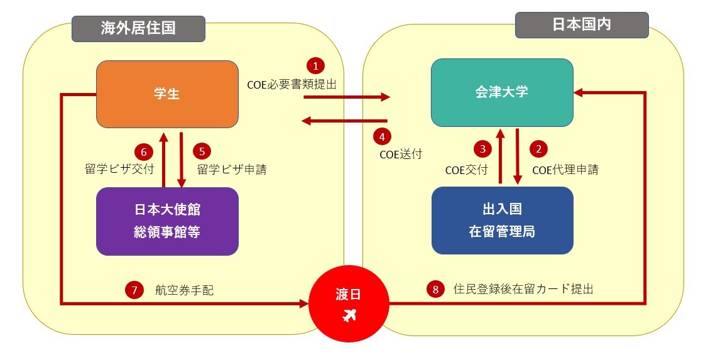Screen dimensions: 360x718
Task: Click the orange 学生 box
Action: click(167, 94)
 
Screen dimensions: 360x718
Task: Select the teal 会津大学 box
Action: click(502, 93)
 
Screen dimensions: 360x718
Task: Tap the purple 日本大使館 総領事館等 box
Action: click(167, 221)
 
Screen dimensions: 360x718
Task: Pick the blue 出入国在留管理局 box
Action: click(502, 221)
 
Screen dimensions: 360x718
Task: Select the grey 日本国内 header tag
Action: click(582, 25)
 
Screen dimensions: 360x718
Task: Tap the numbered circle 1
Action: click(315, 65)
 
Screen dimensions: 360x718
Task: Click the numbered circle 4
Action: click(381, 136)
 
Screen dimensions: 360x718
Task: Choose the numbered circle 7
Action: click(134, 290)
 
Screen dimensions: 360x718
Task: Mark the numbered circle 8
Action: click(435, 290)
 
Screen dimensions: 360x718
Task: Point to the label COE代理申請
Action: click(565, 170)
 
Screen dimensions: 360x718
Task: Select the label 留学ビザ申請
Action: click(231, 170)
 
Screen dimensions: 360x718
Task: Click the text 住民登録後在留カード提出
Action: click(523, 290)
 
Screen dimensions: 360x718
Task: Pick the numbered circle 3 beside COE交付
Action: click(483, 149)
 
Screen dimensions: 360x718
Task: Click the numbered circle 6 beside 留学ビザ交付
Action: click(144, 151)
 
